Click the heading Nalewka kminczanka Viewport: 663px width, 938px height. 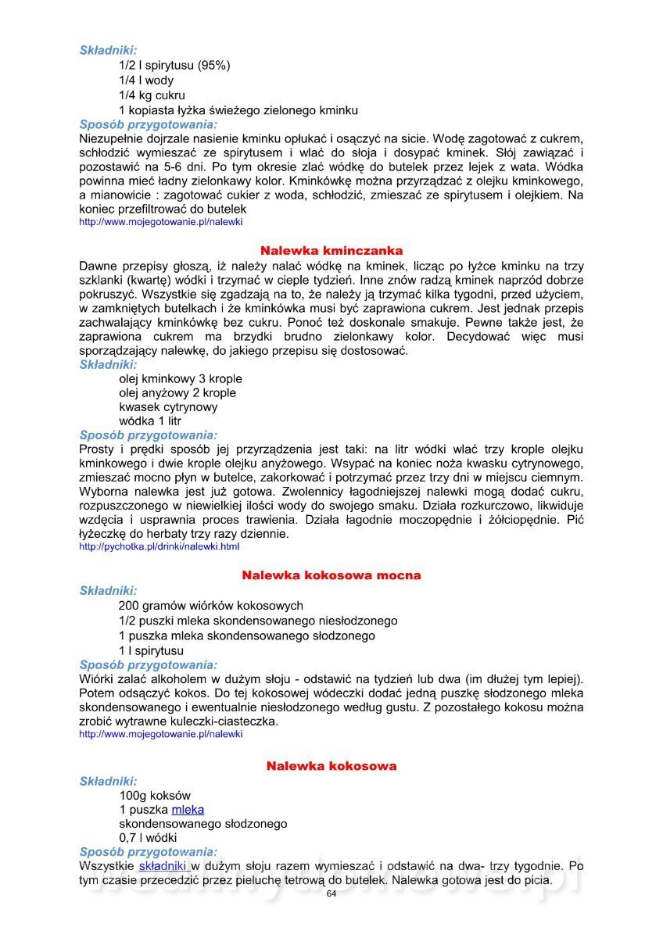click(331, 251)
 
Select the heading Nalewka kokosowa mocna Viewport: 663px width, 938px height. click(331, 575)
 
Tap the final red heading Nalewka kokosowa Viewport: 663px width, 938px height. click(331, 766)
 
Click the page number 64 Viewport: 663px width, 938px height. click(331, 893)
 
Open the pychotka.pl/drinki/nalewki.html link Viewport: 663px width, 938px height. click(159, 547)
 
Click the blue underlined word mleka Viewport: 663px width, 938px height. click(188, 810)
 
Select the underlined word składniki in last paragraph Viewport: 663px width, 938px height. click(163, 867)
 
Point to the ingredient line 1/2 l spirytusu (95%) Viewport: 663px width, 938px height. click(174, 66)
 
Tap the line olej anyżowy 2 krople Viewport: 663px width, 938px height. click(177, 393)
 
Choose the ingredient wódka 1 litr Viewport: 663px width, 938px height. click(150, 421)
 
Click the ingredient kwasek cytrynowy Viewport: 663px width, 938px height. click(168, 407)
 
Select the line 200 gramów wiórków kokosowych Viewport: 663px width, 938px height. click(211, 606)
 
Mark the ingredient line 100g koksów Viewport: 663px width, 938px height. click(155, 796)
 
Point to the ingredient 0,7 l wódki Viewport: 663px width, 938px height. click(148, 838)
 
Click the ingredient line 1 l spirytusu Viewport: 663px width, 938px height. click(152, 650)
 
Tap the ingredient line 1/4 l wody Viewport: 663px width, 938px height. click(146, 81)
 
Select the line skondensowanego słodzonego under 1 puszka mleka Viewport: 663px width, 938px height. click(203, 824)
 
